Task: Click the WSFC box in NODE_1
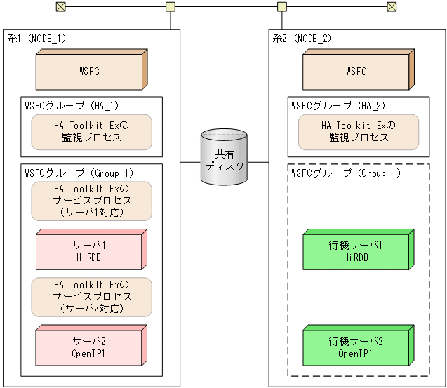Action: pyautogui.click(x=90, y=72)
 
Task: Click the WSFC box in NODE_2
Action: pyautogui.click(x=356, y=72)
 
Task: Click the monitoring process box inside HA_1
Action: pyautogui.click(x=91, y=132)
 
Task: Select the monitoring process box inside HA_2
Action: pyautogui.click(x=358, y=132)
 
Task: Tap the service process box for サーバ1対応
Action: pyautogui.click(x=91, y=201)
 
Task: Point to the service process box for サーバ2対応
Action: pyautogui.click(x=91, y=296)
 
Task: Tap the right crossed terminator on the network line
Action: pyautogui.click(x=392, y=7)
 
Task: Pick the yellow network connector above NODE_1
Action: pyautogui.click(x=170, y=7)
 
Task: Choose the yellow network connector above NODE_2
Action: pyautogui.click(x=281, y=7)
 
